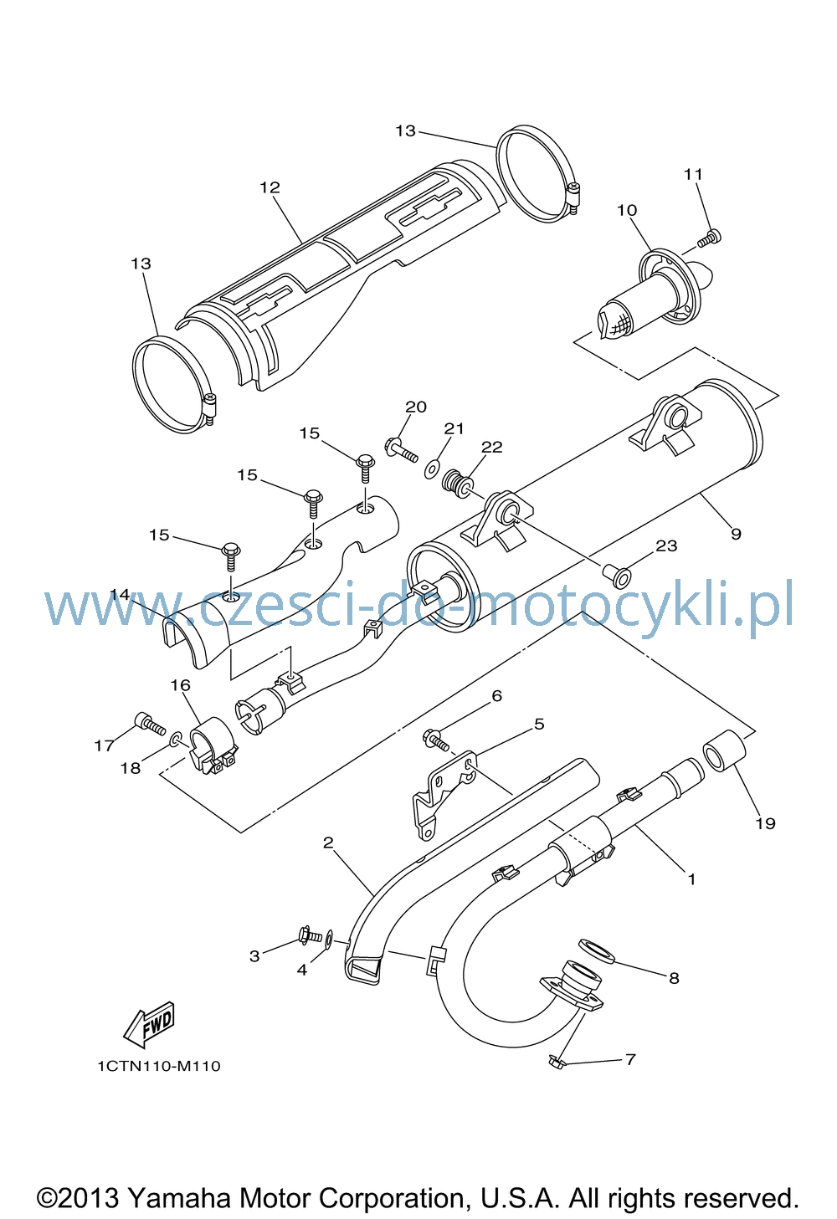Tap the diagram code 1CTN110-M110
(159, 1066)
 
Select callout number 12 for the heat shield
(270, 187)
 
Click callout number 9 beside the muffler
(736, 534)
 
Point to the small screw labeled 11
(709, 238)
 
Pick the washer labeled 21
(433, 469)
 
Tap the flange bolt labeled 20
(401, 448)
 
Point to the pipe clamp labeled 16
(213, 745)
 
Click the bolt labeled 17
(149, 725)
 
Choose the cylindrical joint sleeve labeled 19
(725, 751)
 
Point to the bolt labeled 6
(436, 740)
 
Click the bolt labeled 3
(311, 935)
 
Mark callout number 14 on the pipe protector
(121, 594)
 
